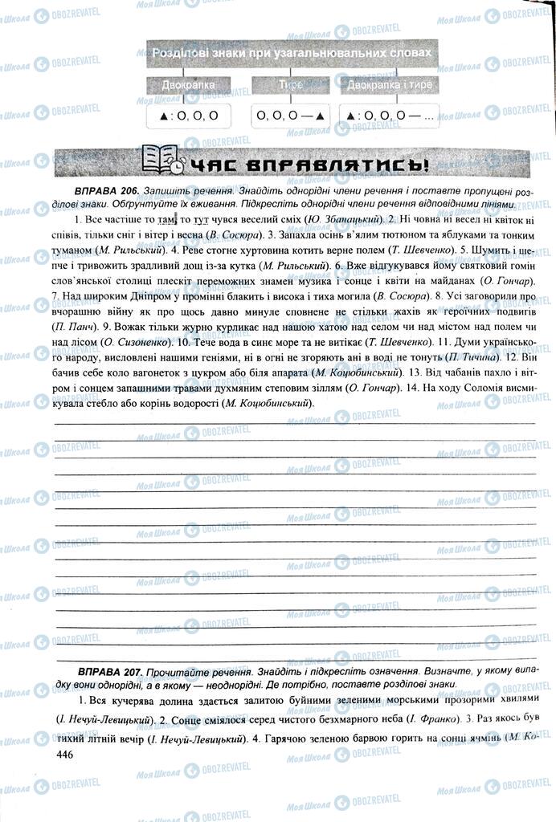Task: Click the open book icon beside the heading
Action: point(161,160)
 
